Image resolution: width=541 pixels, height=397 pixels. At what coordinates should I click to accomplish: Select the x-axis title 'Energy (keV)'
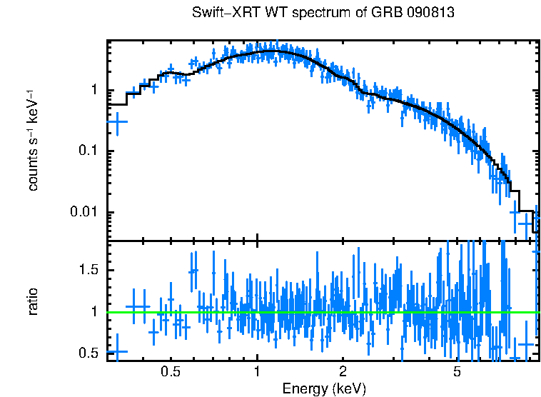point(324,389)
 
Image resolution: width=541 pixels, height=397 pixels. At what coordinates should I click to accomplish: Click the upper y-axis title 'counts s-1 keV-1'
point(33,140)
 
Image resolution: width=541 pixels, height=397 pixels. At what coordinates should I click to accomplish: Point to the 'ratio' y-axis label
point(33,301)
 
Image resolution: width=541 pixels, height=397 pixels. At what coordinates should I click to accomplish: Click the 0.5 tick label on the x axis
point(170,372)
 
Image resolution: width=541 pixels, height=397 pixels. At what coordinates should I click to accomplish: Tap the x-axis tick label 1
point(257,372)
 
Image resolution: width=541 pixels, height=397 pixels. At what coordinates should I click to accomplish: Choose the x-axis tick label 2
point(343,372)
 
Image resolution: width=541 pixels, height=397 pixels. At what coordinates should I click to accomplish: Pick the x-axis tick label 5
point(457,372)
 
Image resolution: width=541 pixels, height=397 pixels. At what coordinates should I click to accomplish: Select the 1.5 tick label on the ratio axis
point(90,270)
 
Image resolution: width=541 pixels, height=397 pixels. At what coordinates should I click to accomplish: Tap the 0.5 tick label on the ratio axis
point(90,353)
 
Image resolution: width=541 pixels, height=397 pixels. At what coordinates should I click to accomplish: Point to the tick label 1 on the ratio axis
point(95,312)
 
